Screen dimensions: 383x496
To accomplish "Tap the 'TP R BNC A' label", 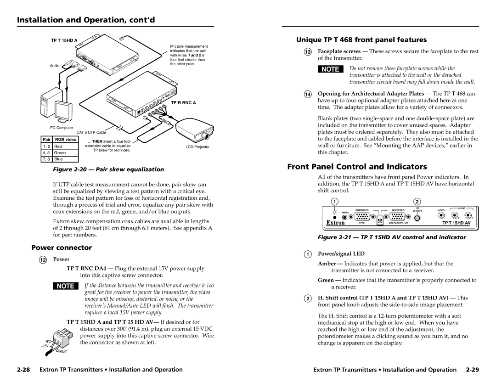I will click(x=183, y=102).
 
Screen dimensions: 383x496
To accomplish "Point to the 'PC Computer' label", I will click(x=61, y=128).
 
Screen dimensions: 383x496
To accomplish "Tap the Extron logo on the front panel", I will click(x=336, y=223).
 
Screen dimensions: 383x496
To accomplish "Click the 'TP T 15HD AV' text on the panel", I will click(x=456, y=223).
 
